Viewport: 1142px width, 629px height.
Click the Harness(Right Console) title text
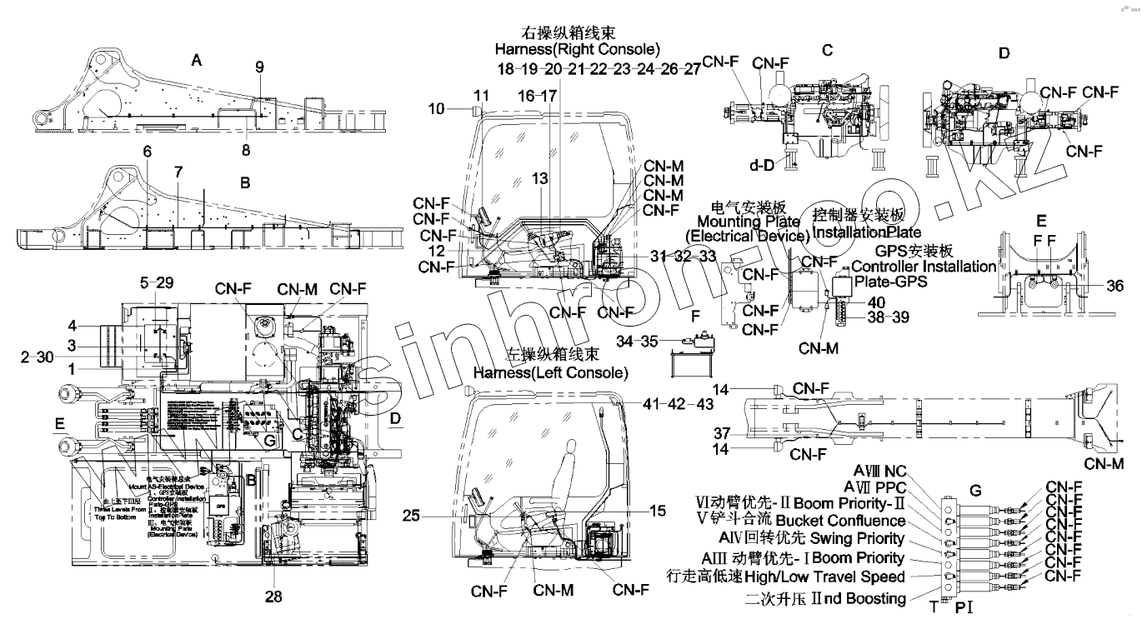click(x=589, y=49)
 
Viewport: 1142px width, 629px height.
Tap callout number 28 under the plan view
click(x=273, y=597)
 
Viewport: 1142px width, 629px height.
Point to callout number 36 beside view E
click(x=1115, y=286)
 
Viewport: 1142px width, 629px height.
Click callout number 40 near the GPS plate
click(x=876, y=302)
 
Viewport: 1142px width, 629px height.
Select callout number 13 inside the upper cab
click(x=542, y=179)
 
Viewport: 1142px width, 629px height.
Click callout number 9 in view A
click(x=259, y=66)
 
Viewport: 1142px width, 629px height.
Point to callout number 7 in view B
click(x=178, y=171)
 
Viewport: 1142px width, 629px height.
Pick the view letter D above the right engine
click(x=1004, y=53)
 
